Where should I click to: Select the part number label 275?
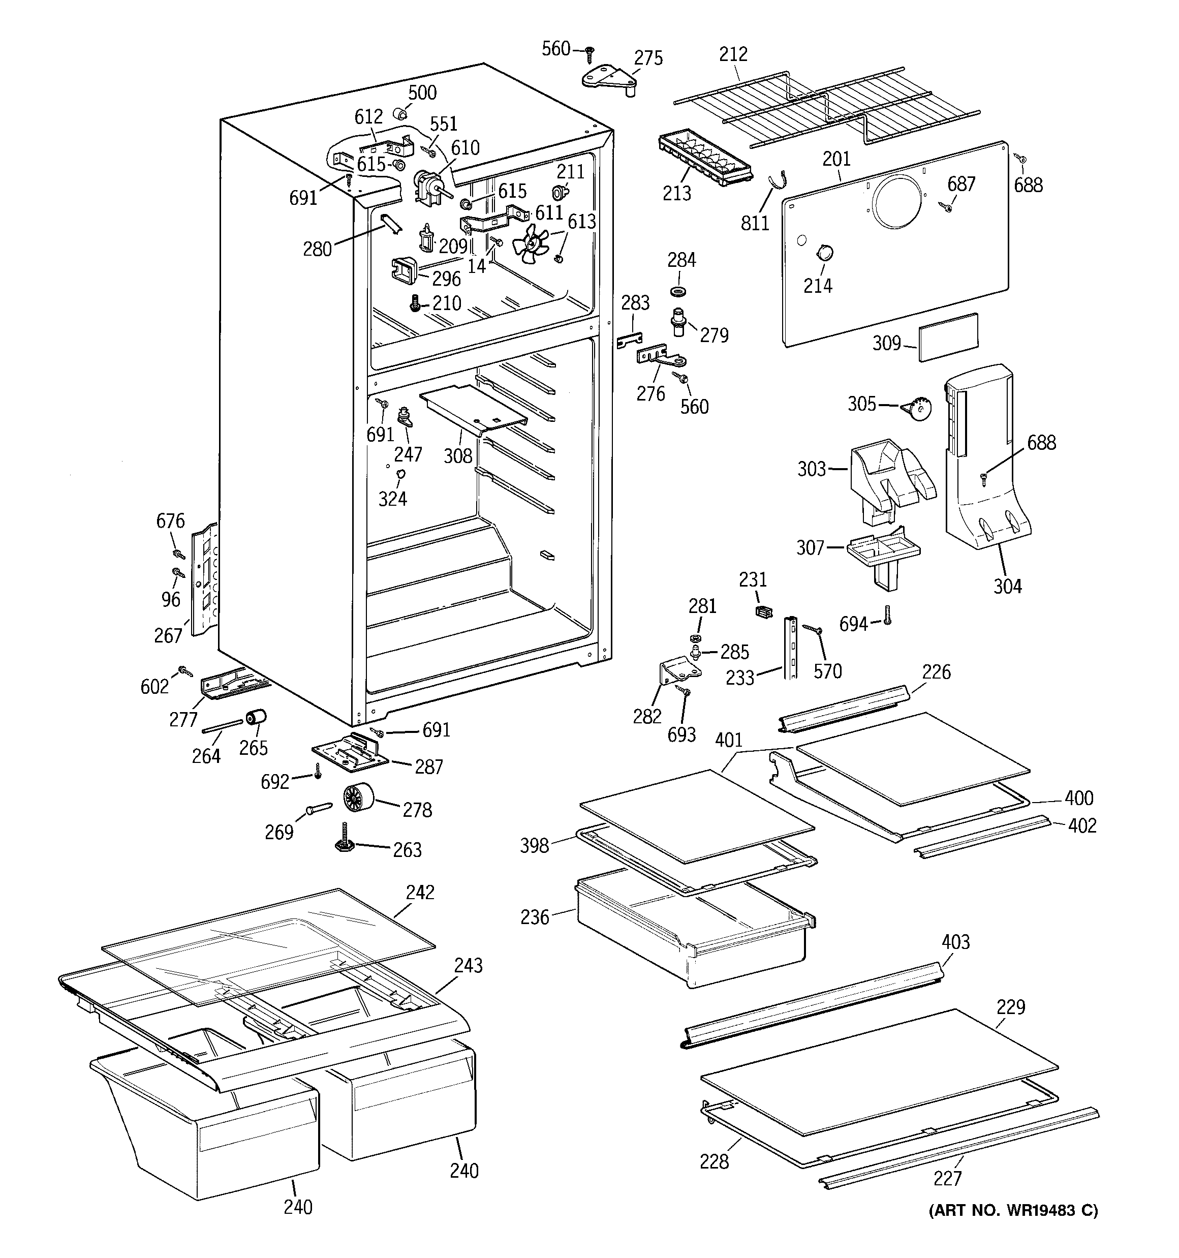pos(648,58)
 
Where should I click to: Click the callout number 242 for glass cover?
pos(420,892)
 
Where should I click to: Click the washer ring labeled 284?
pos(679,292)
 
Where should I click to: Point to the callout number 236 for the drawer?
pos(535,917)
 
